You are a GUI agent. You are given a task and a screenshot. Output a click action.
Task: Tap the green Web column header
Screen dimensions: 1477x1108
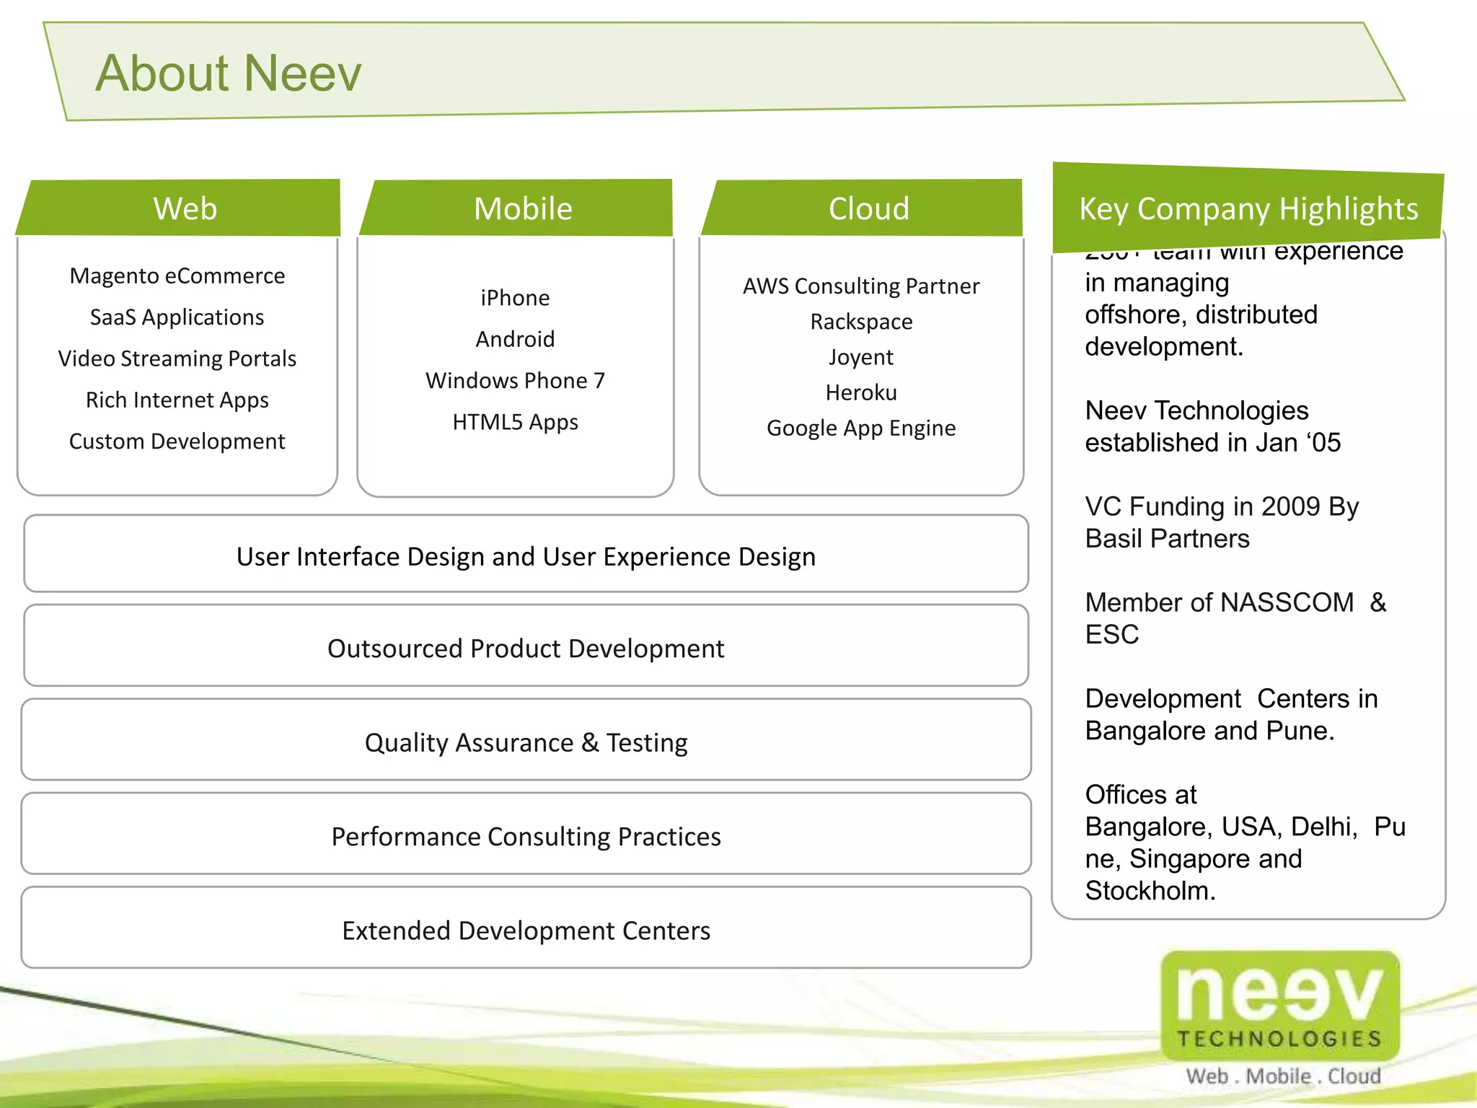[185, 208]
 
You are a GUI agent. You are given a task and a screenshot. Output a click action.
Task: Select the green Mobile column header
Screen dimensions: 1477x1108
[523, 208]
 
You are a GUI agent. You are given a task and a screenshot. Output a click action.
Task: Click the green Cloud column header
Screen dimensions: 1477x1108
[868, 208]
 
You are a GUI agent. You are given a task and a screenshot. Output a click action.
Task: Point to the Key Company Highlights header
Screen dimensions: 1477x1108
[1248, 208]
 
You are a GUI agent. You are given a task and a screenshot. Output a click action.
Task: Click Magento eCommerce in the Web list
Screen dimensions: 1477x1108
[177, 276]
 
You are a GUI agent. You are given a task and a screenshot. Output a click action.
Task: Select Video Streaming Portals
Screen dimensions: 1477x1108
[177, 359]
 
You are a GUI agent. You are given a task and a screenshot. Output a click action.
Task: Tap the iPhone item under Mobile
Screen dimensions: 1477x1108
[515, 298]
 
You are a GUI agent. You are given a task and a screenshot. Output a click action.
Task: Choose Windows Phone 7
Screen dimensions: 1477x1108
[515, 380]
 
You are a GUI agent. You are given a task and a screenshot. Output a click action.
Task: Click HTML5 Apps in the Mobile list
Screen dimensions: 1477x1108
[515, 422]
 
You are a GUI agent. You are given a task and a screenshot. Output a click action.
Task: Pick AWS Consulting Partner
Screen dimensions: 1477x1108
[861, 286]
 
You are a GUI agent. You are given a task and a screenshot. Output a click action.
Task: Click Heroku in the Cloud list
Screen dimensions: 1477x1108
[861, 392]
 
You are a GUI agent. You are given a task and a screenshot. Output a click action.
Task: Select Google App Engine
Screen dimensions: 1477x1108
[861, 428]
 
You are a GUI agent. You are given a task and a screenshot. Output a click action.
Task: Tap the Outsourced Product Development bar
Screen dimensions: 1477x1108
[526, 648]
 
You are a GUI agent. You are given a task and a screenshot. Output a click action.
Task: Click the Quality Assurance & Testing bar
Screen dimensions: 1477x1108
[526, 742]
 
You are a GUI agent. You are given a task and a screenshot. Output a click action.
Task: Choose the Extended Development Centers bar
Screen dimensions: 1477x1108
[526, 931]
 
